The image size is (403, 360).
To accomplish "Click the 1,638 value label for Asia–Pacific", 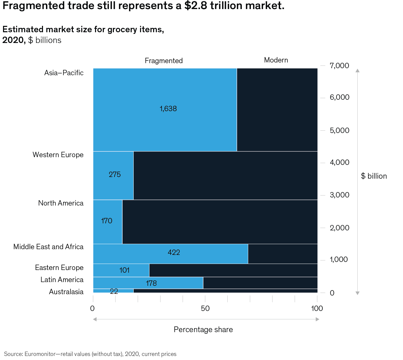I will click(168, 109).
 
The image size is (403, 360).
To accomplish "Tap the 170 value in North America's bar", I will click(106, 221).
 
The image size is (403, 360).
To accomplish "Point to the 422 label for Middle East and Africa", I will click(174, 253).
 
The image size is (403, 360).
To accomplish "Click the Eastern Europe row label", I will click(59, 268).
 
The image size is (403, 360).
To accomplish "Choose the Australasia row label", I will click(66, 292).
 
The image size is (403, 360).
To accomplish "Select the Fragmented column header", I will click(164, 61).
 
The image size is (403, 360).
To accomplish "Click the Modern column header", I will click(276, 60).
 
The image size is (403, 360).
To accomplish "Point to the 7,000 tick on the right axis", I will click(339, 66).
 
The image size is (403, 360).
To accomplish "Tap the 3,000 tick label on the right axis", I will click(339, 195).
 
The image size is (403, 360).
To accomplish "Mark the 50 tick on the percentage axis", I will click(205, 309).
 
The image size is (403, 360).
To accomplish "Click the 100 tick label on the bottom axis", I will click(317, 309).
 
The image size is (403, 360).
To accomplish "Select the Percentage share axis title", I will click(203, 330).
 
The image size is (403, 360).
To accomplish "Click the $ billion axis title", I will click(374, 176).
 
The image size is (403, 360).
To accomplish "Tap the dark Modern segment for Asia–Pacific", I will click(277, 110).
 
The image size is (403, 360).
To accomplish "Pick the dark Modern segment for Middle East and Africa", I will click(282, 254).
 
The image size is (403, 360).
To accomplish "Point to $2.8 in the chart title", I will click(196, 6).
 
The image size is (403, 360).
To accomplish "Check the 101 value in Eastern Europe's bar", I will click(124, 270).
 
